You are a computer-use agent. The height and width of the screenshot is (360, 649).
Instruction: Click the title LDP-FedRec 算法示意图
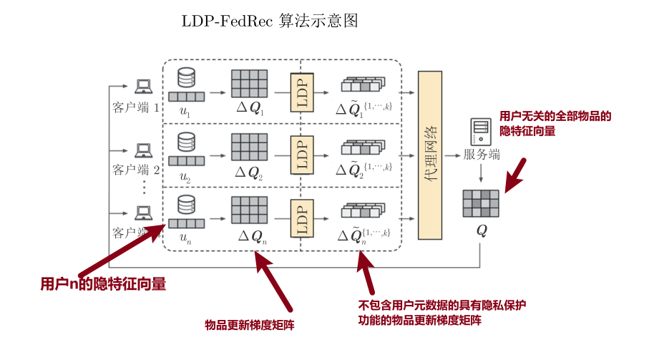click(270, 21)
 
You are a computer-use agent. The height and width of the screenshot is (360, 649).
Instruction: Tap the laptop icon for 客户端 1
click(144, 86)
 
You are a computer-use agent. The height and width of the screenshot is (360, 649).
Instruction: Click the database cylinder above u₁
click(186, 77)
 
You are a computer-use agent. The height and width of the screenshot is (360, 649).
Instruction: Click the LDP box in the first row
click(301, 92)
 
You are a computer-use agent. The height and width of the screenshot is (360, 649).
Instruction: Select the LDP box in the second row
click(301, 154)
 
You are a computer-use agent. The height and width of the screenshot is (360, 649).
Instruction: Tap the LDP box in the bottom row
click(301, 217)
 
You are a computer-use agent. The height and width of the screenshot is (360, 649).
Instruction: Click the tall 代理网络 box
click(431, 154)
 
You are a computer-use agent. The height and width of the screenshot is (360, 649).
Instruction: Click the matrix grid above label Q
click(480, 203)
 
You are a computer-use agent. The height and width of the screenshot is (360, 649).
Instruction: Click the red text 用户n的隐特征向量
click(103, 284)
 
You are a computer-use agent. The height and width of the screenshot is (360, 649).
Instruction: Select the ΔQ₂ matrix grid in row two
click(249, 147)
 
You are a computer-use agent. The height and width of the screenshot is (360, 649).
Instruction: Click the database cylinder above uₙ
click(186, 204)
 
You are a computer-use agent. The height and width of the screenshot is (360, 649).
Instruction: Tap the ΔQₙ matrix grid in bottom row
click(249, 210)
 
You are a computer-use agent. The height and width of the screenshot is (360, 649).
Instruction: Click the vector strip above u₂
click(186, 160)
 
